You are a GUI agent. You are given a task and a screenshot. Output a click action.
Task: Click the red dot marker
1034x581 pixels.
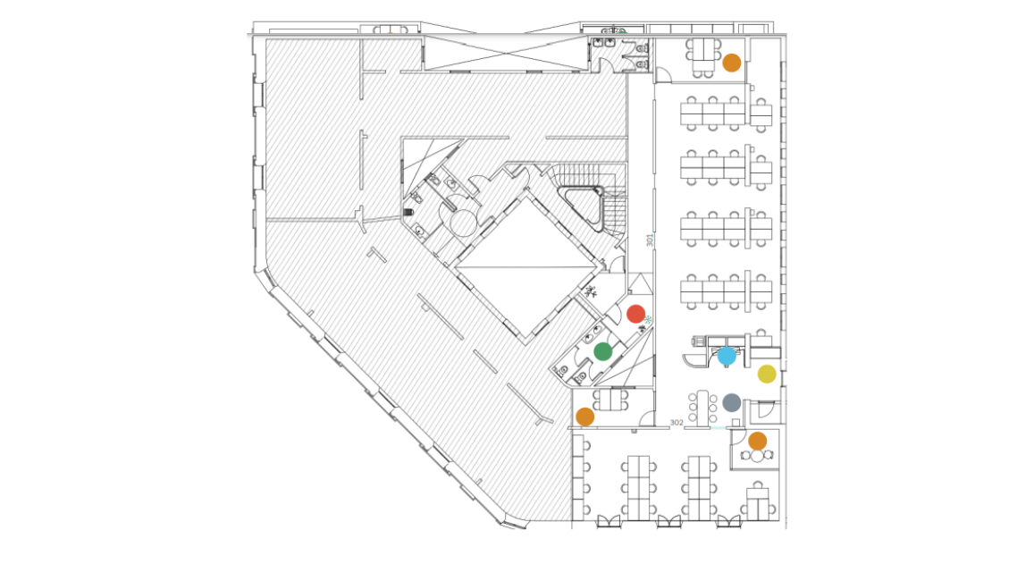coord(635,314)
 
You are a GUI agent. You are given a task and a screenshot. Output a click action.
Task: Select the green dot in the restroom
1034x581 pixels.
coord(602,351)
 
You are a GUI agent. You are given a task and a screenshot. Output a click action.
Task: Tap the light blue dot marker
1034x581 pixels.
coord(727,356)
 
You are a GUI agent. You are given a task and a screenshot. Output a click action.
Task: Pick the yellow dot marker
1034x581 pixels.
coord(767,374)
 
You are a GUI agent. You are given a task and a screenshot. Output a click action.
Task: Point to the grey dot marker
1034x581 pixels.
coord(731,402)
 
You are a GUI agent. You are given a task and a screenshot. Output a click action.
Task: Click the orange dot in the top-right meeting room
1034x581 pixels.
coord(731,63)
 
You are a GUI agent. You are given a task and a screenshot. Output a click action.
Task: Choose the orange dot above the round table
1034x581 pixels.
coord(758,441)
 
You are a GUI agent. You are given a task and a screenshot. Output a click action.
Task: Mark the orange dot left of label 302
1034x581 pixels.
coord(585,417)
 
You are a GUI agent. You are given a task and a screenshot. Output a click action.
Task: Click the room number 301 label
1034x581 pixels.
coord(650,240)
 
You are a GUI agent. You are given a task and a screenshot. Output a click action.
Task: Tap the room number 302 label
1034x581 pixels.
coord(677,423)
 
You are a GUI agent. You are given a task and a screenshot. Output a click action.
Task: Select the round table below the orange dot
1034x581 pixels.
coord(757,456)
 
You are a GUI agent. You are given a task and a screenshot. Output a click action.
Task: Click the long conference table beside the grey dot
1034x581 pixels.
coord(703,408)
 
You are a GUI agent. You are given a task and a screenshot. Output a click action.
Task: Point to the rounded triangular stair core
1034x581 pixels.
coord(580,207)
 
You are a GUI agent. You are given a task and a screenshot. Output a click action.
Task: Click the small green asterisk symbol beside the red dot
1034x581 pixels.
coord(648,320)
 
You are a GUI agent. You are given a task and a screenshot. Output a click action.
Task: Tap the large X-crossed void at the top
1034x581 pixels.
coord(506,53)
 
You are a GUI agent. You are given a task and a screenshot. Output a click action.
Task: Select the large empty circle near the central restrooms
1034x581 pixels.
coord(463,223)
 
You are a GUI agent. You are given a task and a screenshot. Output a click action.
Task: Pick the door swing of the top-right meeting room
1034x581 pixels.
coord(664,74)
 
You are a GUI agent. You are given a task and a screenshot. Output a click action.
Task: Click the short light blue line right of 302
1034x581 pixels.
coord(719,428)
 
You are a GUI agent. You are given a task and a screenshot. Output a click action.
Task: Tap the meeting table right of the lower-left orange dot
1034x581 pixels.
coord(611,400)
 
